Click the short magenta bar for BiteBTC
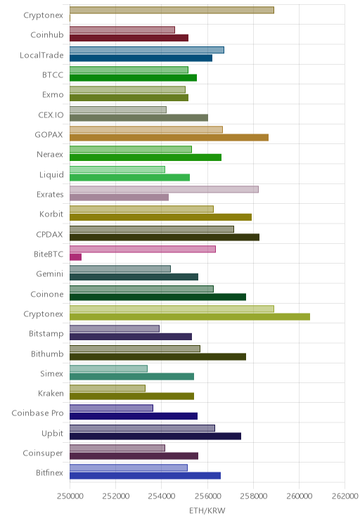pyautogui.click(x=75, y=257)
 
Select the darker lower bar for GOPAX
pyautogui.click(x=169, y=137)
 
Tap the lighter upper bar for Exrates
pyautogui.click(x=164, y=189)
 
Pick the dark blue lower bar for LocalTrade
pyautogui.click(x=141, y=58)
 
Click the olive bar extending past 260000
pyautogui.click(x=190, y=316)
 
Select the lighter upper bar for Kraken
pyautogui.click(x=108, y=388)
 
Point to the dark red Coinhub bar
pyautogui.click(x=129, y=38)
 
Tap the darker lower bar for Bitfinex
pyautogui.click(x=145, y=476)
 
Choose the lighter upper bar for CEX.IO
pyautogui.click(x=118, y=110)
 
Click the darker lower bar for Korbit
pyautogui.click(x=160, y=217)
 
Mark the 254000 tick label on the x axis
pyautogui.click(x=162, y=496)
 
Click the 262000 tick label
pyautogui.click(x=345, y=496)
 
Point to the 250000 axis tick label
pyautogui.click(x=70, y=496)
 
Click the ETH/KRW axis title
pyautogui.click(x=207, y=510)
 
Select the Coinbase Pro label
pyautogui.click(x=37, y=413)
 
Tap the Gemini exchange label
pyautogui.click(x=50, y=274)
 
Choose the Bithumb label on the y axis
pyautogui.click(x=47, y=354)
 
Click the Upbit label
pyautogui.click(x=52, y=433)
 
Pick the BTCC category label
pyautogui.click(x=53, y=75)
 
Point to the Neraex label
pyautogui.click(x=50, y=155)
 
